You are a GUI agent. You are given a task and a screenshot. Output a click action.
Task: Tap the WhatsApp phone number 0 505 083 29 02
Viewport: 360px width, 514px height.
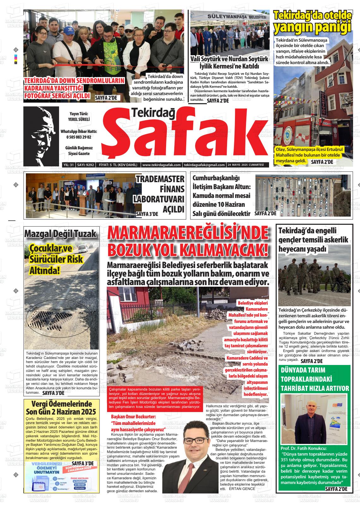(x=79, y=137)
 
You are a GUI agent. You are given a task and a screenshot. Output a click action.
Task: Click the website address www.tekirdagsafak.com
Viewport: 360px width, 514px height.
(x=161, y=165)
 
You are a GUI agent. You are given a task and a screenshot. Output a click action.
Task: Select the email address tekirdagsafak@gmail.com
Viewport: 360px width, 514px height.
(x=204, y=165)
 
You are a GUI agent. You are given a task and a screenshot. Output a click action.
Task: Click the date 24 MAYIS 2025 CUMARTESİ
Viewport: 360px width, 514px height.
(x=245, y=165)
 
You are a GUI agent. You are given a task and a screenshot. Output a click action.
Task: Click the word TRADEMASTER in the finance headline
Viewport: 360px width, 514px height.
(x=160, y=179)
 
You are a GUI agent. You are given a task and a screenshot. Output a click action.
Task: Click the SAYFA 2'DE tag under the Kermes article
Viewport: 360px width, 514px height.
(x=218, y=101)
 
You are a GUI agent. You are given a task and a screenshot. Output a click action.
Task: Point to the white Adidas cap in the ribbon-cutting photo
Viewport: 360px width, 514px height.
(x=68, y=31)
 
